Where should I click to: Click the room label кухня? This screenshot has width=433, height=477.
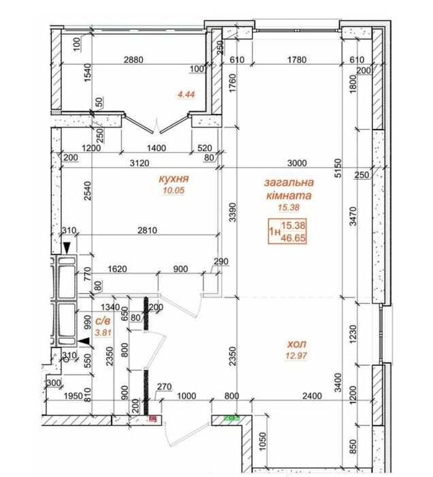[x=174, y=179]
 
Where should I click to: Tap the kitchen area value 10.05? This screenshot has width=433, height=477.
[x=174, y=190]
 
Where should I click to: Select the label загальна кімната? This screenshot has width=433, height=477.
[x=289, y=189]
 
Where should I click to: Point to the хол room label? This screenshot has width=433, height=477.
[x=297, y=344]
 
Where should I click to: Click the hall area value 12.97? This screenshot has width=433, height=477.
[x=296, y=355]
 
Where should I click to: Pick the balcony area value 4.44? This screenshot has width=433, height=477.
[x=187, y=95]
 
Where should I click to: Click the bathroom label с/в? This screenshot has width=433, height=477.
[x=103, y=321]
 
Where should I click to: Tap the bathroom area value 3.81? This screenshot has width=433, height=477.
[x=103, y=333]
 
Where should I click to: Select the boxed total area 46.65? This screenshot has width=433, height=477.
[x=293, y=238]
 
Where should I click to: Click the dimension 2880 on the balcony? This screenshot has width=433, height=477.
[x=133, y=60]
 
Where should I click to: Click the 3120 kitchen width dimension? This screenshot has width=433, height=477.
[x=140, y=164]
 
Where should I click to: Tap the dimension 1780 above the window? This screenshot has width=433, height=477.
[x=297, y=60]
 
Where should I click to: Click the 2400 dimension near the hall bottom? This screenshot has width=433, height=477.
[x=312, y=396]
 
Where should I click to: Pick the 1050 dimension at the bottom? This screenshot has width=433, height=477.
[x=263, y=442]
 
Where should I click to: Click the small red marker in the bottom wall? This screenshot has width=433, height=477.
[x=153, y=419]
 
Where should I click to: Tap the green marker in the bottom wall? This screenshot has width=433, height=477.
[x=232, y=418]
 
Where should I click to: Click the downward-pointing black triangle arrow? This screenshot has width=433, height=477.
[x=67, y=247]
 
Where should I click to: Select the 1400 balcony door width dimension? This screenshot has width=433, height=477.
[x=157, y=148]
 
